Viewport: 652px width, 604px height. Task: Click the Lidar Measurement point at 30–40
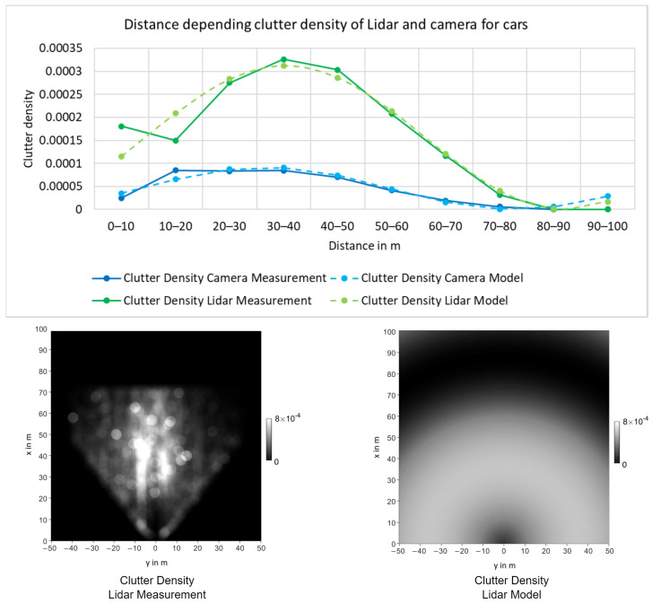[x=283, y=59]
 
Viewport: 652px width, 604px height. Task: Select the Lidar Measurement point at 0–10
[x=121, y=127]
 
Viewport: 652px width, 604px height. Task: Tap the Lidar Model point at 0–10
[x=121, y=156]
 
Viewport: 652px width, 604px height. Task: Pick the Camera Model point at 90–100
[x=607, y=196]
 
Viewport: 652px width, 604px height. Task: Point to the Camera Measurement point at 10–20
[x=176, y=171]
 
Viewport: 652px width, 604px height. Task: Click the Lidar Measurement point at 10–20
[x=176, y=140]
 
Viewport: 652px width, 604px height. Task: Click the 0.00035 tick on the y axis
[x=69, y=48]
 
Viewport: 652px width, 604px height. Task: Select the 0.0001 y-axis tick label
[x=73, y=163]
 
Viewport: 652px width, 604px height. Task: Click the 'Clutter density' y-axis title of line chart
[x=29, y=127]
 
